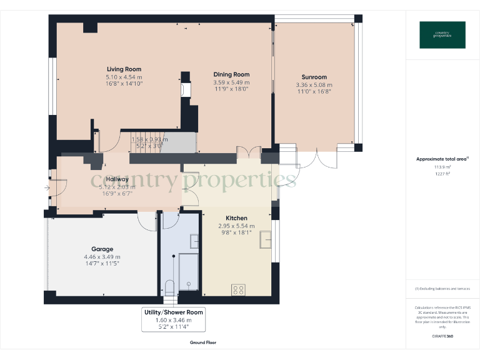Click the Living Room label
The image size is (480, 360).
point(124,69)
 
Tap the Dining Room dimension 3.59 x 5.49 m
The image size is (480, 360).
point(231,82)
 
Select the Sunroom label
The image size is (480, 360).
point(314,78)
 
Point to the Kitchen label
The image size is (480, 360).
point(236,218)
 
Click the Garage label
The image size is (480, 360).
point(102,249)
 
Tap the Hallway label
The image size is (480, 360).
point(117,179)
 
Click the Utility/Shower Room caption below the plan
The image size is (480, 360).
point(173,312)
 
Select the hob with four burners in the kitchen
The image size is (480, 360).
point(238,289)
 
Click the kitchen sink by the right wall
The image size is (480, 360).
point(266,237)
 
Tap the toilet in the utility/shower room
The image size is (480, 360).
point(169,287)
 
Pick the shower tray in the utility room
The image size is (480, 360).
point(188,272)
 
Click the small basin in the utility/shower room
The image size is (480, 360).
point(194,241)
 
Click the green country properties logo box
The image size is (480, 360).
point(442,35)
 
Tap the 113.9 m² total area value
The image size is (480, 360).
point(442,167)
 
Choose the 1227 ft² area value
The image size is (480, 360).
point(442,174)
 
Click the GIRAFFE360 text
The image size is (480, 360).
point(442,337)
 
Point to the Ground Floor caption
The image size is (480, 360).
point(202,342)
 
